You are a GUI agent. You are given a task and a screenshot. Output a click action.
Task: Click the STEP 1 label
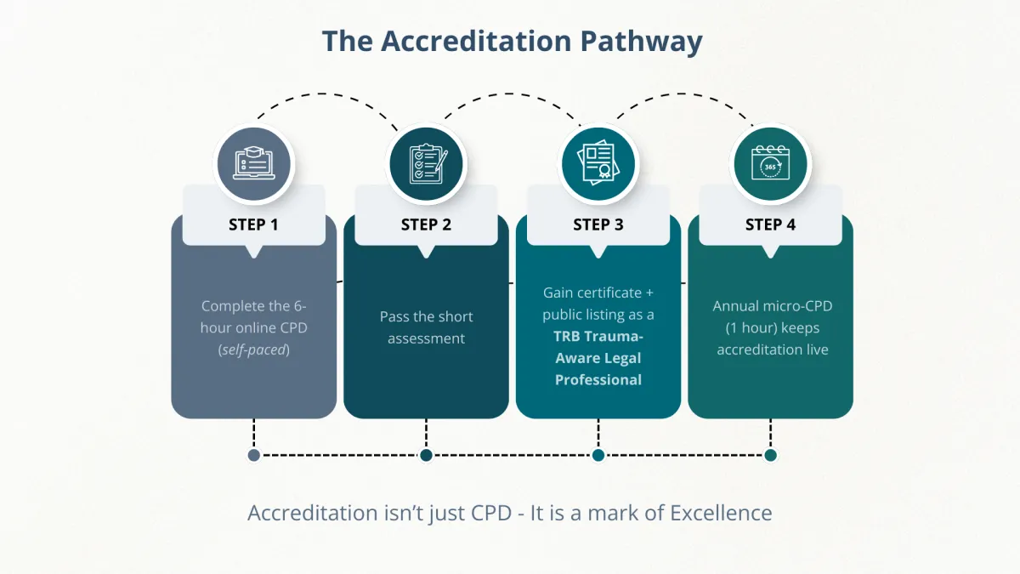(x=253, y=224)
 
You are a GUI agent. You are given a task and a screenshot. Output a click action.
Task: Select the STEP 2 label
(x=426, y=224)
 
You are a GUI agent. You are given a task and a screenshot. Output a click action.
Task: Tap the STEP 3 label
(x=598, y=224)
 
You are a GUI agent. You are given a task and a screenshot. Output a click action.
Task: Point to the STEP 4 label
(x=770, y=224)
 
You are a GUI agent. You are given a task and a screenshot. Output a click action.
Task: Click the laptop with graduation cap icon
(x=253, y=164)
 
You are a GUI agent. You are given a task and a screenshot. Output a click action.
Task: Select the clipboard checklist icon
(x=426, y=164)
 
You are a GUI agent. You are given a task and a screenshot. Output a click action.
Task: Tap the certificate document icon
(x=598, y=164)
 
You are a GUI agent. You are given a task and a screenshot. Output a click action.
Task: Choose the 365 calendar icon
(x=770, y=164)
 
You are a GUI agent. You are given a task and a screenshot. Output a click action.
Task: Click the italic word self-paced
(x=253, y=350)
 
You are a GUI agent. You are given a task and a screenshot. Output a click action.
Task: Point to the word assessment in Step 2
(x=426, y=338)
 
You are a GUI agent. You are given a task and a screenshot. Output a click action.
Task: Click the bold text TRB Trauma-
(x=598, y=336)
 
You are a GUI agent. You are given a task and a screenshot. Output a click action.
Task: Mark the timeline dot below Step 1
(x=253, y=455)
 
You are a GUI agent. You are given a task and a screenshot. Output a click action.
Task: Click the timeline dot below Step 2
(x=426, y=455)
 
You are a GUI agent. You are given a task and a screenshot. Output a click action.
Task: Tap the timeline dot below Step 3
(x=598, y=455)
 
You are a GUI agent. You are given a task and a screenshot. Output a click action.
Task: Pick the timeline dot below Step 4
(x=770, y=455)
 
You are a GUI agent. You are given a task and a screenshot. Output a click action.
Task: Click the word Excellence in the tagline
(x=721, y=514)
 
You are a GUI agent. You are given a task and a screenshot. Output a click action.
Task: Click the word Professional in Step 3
(x=598, y=380)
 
